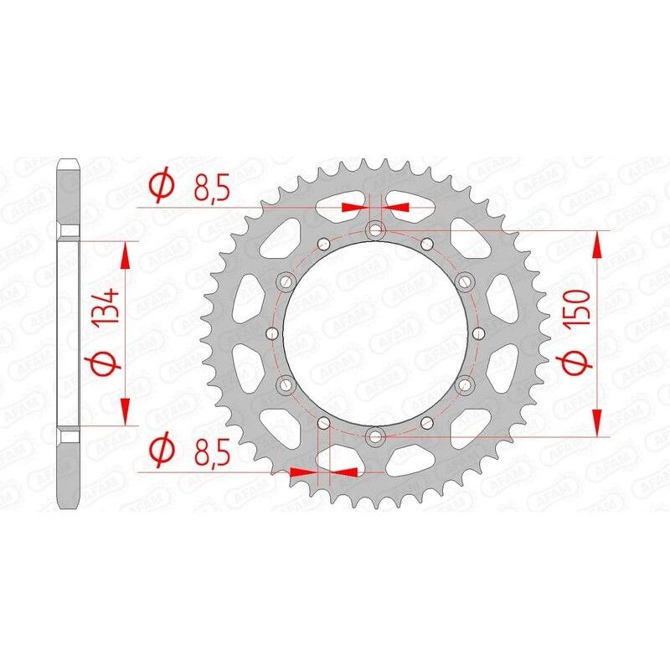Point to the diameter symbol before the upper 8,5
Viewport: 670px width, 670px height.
[x=162, y=186]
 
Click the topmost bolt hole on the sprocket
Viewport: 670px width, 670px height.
[x=374, y=230]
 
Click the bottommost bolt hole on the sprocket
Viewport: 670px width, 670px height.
[x=374, y=435]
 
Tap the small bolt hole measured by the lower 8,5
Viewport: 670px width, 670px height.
[x=323, y=421]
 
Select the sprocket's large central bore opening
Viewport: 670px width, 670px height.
[x=374, y=332]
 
